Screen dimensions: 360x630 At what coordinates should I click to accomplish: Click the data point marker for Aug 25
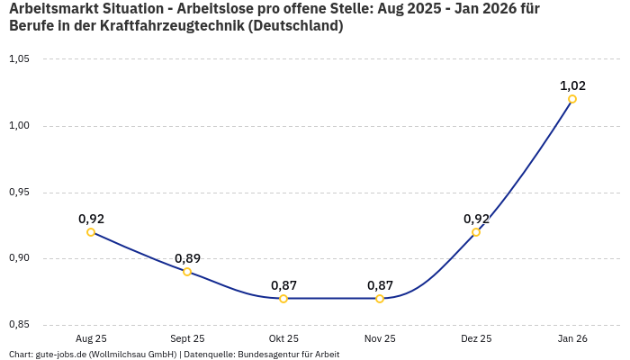(91, 232)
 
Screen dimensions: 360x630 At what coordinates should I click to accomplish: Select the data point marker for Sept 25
(187, 272)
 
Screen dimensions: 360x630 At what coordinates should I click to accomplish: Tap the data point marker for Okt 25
(283, 299)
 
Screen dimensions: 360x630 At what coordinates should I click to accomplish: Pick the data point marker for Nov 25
(380, 299)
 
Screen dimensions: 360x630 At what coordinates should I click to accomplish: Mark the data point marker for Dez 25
(476, 232)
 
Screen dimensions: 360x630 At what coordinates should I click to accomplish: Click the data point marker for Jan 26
(572, 99)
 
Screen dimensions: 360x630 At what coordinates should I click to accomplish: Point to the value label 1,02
(572, 85)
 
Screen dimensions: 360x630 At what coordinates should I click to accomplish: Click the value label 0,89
(187, 258)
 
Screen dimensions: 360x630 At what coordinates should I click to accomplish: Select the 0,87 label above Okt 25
(283, 285)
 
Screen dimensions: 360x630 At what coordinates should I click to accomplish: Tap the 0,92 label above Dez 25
(476, 219)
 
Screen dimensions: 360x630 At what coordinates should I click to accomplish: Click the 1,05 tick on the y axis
(19, 59)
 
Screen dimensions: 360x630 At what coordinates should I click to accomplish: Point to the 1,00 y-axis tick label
(19, 126)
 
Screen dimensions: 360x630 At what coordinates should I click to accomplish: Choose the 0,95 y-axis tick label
(19, 193)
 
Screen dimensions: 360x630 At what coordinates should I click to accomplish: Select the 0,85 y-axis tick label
(19, 325)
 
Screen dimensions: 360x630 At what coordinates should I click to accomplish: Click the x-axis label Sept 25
(187, 338)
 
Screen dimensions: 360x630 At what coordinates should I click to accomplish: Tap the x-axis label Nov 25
(380, 338)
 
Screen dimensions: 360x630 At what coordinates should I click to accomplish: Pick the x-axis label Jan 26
(572, 338)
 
